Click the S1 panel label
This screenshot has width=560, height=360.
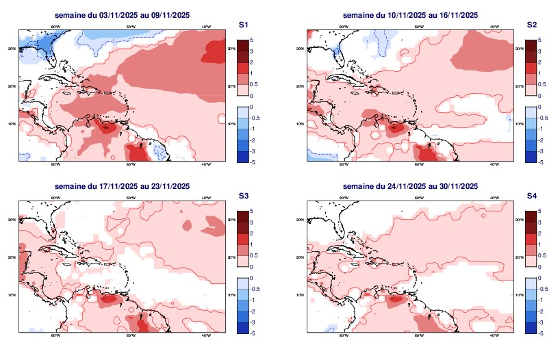[x=242, y=25]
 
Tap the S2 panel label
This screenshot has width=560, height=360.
[x=531, y=25]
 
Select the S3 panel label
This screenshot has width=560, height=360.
[x=242, y=196]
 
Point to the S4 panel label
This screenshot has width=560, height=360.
[x=531, y=196]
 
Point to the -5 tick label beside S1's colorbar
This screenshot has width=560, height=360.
[x=252, y=162]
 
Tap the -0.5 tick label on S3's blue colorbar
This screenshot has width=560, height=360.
[x=253, y=290]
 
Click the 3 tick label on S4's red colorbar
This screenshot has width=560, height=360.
[x=539, y=222]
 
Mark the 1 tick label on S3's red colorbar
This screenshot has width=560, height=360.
[x=251, y=244]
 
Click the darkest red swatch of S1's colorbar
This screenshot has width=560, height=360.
[x=242, y=45]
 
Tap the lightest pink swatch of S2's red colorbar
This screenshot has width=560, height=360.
[x=531, y=90]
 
